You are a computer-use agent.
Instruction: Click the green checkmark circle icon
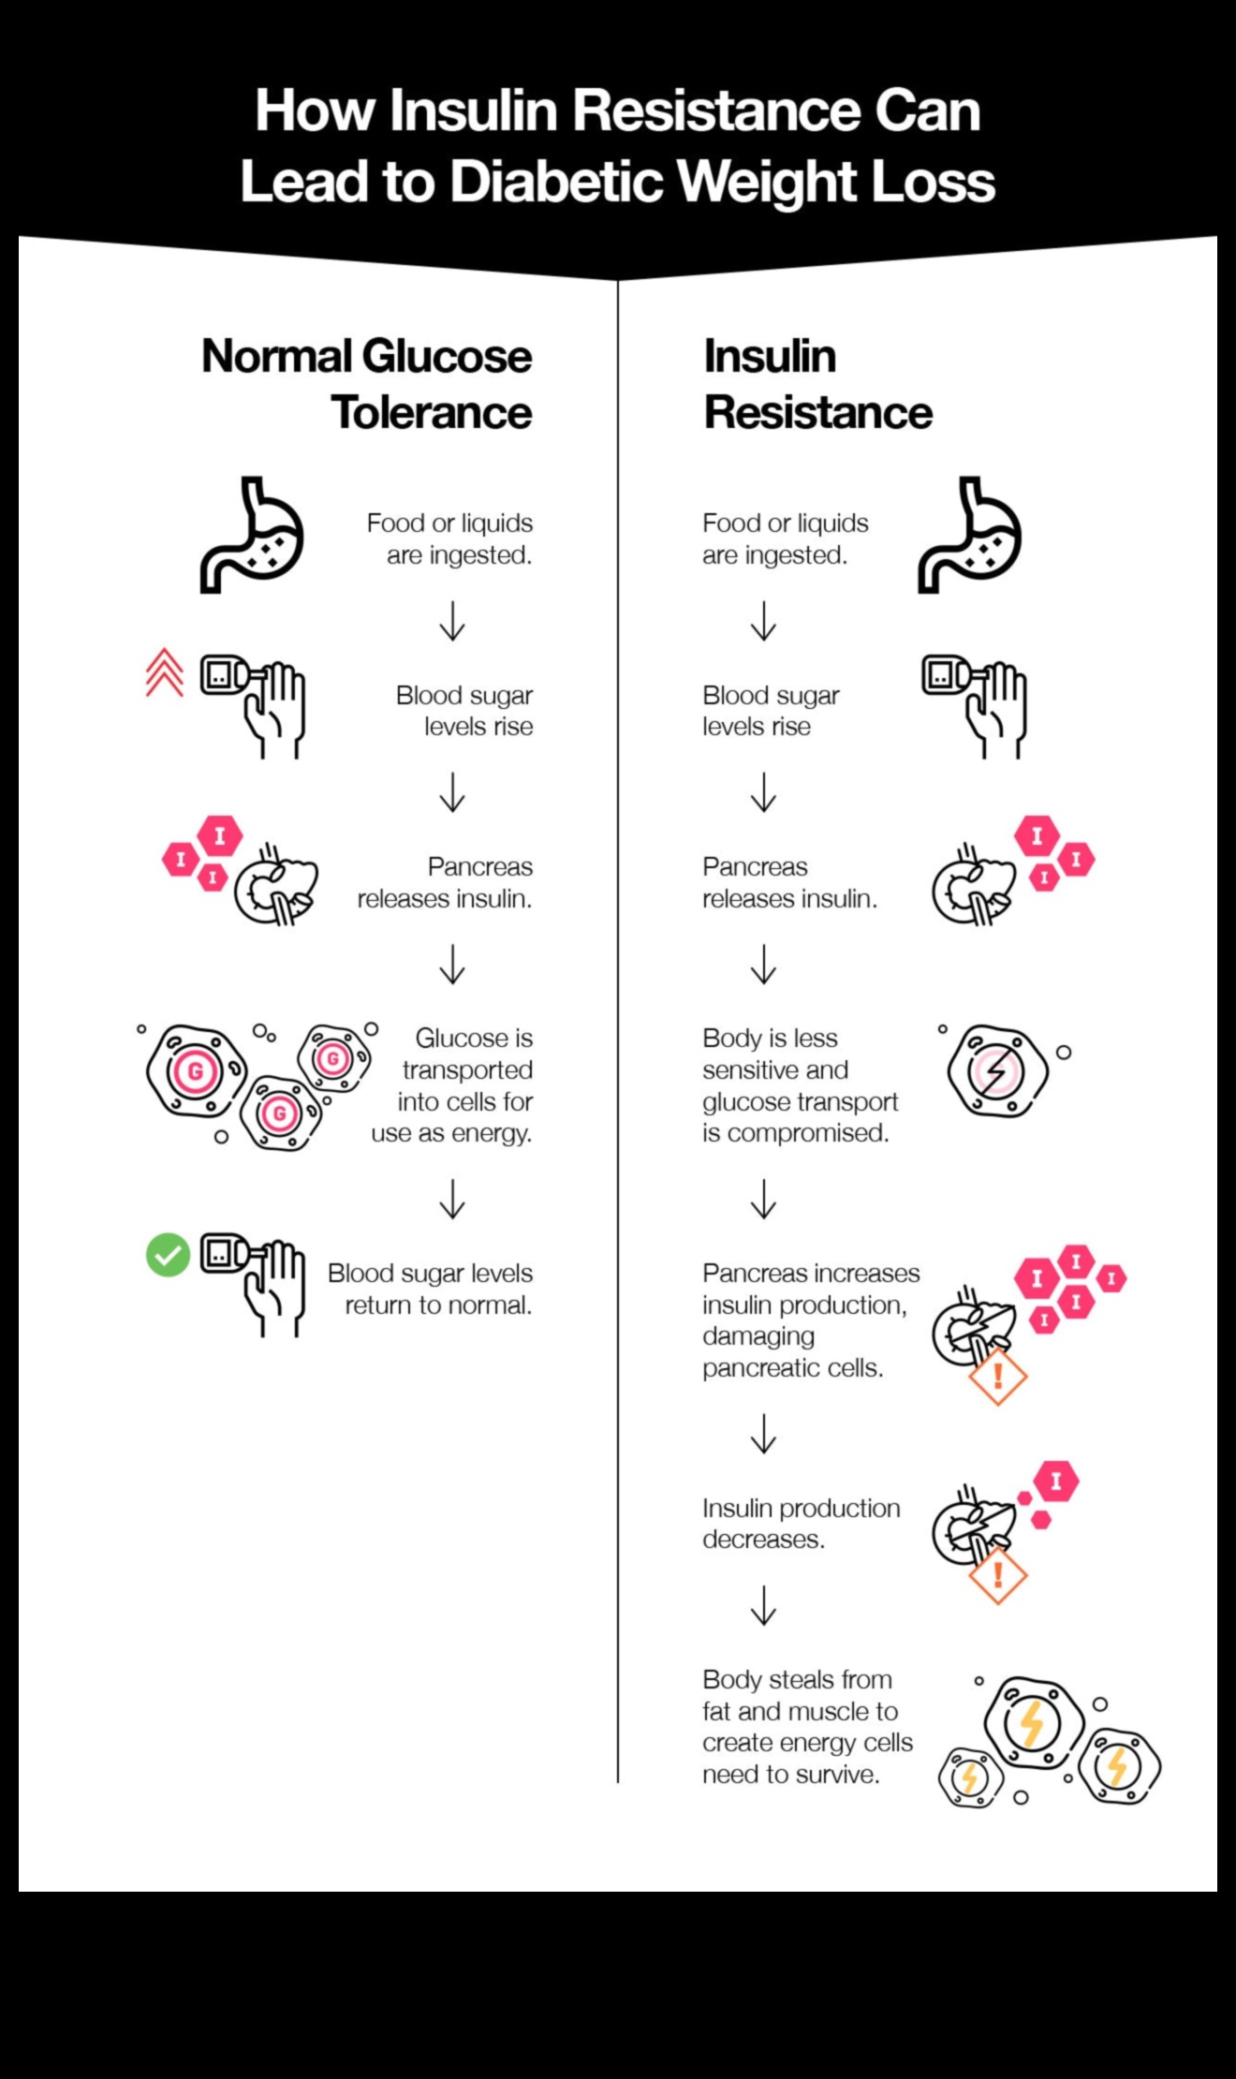[169, 1255]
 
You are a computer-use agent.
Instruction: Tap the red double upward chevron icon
[165, 673]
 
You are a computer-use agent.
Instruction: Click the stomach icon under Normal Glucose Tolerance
[252, 536]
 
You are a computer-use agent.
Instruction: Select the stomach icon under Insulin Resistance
[969, 536]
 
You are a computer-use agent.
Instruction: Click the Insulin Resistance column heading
[817, 384]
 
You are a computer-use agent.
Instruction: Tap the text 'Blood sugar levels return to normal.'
[430, 1289]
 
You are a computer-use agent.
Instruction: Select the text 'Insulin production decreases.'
[801, 1524]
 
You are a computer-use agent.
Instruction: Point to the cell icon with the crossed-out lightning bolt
[996, 1071]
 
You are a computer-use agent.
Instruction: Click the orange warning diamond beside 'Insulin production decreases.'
[997, 1574]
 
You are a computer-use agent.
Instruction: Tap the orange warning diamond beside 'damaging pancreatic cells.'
[997, 1376]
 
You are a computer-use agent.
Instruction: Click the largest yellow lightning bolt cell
[1032, 1723]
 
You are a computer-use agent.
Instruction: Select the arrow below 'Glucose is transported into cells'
[452, 1199]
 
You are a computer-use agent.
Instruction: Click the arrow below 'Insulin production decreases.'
[764, 1605]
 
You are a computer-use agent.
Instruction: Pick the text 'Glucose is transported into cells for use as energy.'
[453, 1085]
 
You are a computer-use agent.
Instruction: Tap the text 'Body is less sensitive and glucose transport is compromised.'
[800, 1085]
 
